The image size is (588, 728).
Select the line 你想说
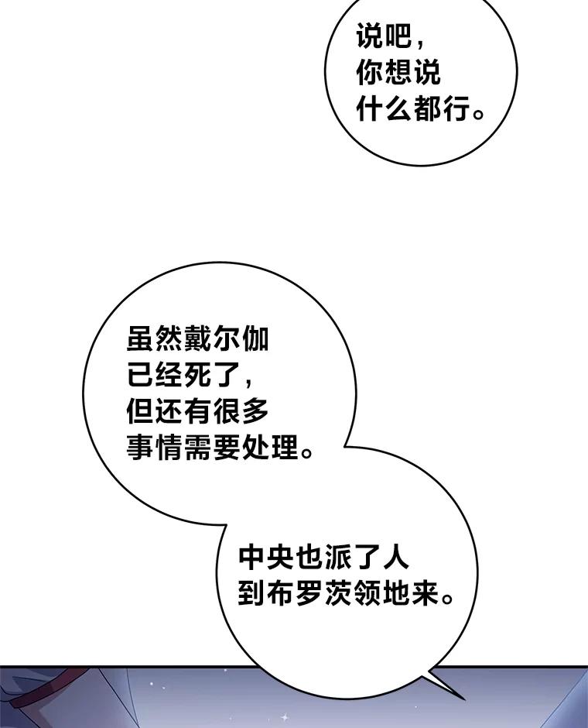click(398, 73)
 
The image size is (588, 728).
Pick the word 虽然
click(155, 339)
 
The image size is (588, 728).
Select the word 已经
click(155, 375)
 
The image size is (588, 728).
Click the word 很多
click(240, 411)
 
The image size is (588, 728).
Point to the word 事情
click(155, 448)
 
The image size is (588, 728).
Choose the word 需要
click(212, 448)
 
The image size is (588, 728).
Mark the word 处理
click(269, 448)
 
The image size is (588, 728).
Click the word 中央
click(267, 557)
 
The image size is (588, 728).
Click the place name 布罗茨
click(309, 593)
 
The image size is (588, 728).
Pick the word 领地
click(381, 593)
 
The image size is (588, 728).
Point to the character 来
click(423, 593)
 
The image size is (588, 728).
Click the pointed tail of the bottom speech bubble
click(464, 698)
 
